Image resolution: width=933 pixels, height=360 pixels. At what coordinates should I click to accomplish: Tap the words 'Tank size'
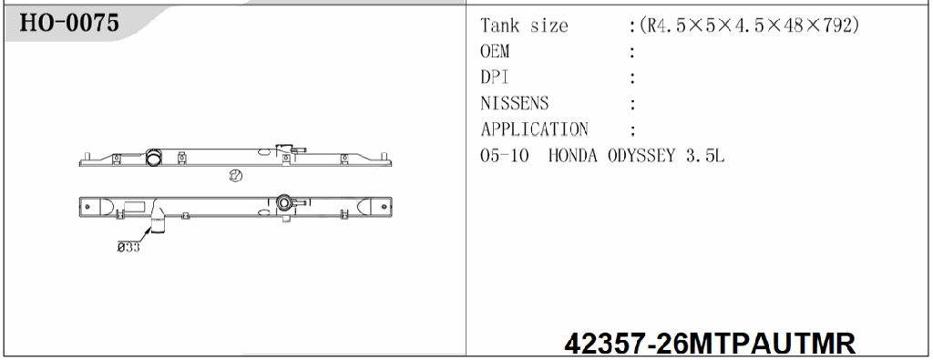pyautogui.click(x=524, y=26)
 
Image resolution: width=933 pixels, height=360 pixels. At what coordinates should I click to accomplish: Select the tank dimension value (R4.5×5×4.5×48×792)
pyautogui.click(x=749, y=26)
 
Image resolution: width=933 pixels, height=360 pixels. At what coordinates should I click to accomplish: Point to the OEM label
pyautogui.click(x=495, y=52)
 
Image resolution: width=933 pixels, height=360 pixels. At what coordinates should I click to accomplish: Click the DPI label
pyautogui.click(x=495, y=77)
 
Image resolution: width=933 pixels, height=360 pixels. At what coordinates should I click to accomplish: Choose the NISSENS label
pyautogui.click(x=515, y=103)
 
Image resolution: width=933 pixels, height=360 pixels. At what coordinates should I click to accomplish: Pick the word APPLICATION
pyautogui.click(x=534, y=129)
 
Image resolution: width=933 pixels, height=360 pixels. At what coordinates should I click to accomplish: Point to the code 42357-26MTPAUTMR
pyautogui.click(x=710, y=345)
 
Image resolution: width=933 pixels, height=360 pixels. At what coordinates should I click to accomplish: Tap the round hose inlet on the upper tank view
pyautogui.click(x=155, y=158)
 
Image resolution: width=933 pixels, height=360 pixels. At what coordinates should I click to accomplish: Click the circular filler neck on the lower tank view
pyautogui.click(x=286, y=202)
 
